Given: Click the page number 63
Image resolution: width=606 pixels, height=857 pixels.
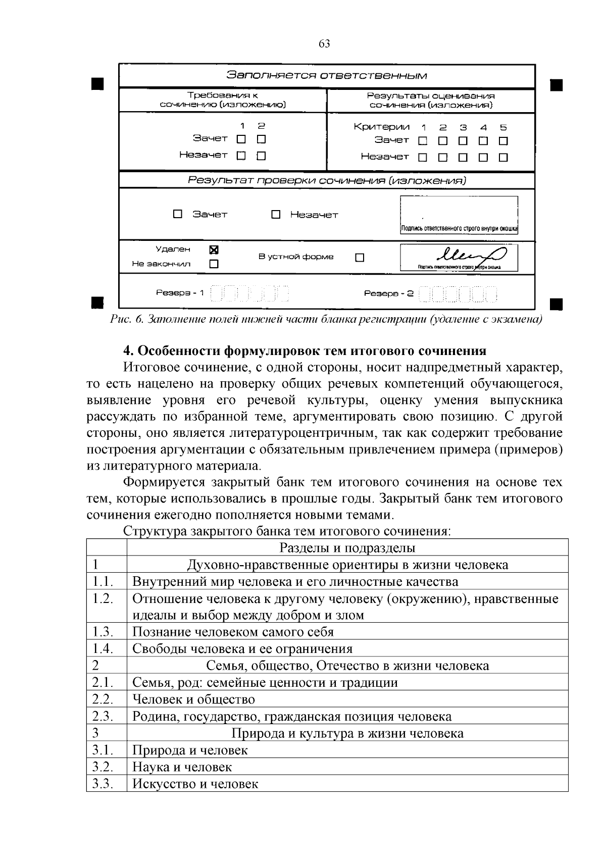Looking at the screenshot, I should pyautogui.click(x=324, y=44).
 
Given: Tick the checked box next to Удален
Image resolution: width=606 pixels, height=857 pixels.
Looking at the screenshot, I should pyautogui.click(x=214, y=249).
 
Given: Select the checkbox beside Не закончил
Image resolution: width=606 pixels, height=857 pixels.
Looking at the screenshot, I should pyautogui.click(x=214, y=264).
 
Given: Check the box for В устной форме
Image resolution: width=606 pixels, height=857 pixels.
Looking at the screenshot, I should pyautogui.click(x=360, y=258).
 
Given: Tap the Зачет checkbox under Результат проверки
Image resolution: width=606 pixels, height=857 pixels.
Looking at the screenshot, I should pyautogui.click(x=178, y=214).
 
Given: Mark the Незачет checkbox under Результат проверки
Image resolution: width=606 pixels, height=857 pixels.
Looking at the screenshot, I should pyautogui.click(x=276, y=215).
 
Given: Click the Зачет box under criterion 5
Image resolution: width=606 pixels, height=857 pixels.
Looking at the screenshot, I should pyautogui.click(x=503, y=141).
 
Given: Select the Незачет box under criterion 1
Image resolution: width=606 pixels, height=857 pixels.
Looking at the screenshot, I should pyautogui.click(x=423, y=157).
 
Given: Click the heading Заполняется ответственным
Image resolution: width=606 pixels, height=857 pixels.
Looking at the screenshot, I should pyautogui.click(x=326, y=76).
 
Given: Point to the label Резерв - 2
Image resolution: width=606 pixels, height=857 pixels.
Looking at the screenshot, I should pyautogui.click(x=389, y=293).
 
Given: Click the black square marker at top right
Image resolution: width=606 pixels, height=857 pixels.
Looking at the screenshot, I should pyautogui.click(x=556, y=84).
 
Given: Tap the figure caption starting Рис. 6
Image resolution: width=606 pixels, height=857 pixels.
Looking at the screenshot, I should pyautogui.click(x=326, y=320).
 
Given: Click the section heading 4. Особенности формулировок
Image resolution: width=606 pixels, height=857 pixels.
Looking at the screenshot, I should pyautogui.click(x=305, y=350).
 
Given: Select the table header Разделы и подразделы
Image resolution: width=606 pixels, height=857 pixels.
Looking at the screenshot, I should pyautogui.click(x=347, y=547).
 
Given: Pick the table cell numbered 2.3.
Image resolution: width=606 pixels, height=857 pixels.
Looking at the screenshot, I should pyautogui.click(x=103, y=716).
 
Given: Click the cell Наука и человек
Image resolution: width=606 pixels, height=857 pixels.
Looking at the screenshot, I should pyautogui.click(x=182, y=767).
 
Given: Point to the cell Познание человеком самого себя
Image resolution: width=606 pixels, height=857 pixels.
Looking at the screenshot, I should pyautogui.click(x=233, y=632).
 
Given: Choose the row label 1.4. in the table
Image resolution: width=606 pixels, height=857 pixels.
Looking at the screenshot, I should pyautogui.click(x=103, y=648).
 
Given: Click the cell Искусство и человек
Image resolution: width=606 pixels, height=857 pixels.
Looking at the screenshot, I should pyautogui.click(x=195, y=784).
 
